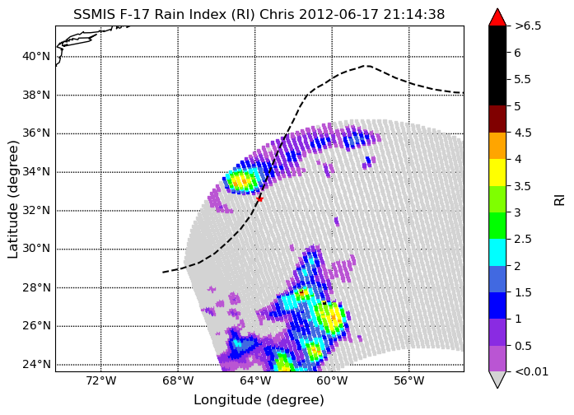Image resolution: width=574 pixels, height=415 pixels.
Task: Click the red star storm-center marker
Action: [259, 199]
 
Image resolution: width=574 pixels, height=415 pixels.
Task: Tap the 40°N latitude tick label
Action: [36, 57]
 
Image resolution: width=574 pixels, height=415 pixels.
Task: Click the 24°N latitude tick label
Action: [36, 365]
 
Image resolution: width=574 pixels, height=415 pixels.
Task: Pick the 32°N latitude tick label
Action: [36, 211]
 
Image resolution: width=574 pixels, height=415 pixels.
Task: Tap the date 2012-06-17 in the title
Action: [339, 15]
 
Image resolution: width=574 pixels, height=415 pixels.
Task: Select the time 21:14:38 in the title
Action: [414, 15]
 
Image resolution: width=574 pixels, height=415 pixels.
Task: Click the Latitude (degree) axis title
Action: [12, 199]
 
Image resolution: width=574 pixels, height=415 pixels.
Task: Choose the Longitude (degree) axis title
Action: [259, 400]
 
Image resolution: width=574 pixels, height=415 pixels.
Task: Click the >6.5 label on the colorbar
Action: [528, 26]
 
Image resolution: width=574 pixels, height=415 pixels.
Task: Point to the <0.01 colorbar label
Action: [531, 372]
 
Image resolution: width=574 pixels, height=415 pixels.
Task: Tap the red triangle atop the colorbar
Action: [497, 17]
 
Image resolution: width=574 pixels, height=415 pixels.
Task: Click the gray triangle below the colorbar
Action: [497, 380]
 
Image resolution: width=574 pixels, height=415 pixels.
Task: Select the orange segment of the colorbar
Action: [497, 146]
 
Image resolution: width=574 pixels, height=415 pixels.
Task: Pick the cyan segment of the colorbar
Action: [497, 252]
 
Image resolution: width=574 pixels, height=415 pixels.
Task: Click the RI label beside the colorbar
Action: [559, 200]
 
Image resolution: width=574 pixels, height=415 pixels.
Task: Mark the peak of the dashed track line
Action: [366, 66]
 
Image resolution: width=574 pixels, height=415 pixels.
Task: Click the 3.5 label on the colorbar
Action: [523, 186]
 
